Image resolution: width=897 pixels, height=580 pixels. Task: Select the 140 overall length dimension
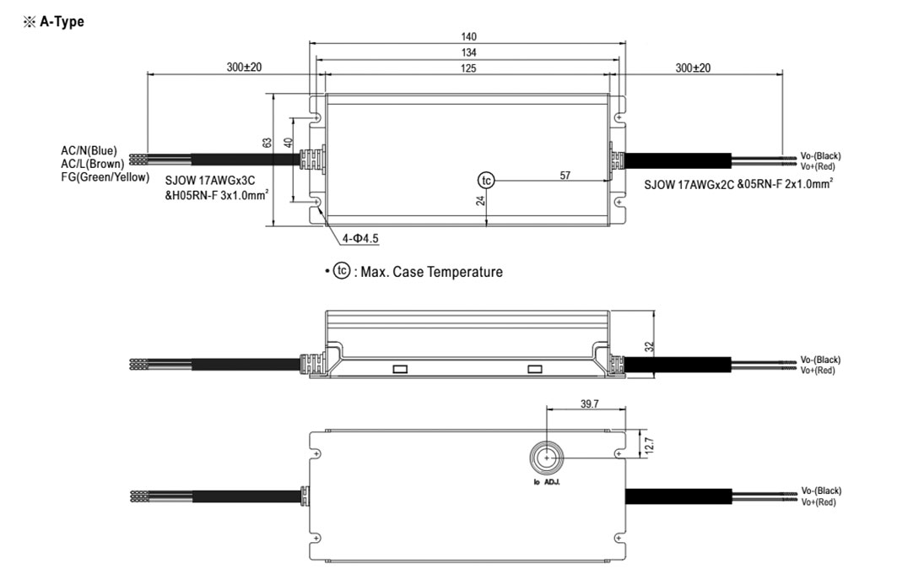[x=468, y=36]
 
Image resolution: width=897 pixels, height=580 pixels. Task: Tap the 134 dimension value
[x=468, y=52]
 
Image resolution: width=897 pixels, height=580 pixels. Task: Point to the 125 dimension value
[x=468, y=68]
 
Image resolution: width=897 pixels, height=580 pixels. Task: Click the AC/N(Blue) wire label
[x=89, y=150]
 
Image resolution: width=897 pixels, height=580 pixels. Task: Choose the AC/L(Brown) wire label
[x=92, y=164]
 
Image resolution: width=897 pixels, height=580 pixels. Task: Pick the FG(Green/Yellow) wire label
[x=105, y=177]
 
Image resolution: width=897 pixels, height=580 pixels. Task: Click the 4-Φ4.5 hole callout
[x=360, y=238]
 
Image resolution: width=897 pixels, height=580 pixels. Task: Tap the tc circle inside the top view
[x=486, y=181]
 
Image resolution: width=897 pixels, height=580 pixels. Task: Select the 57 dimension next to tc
[x=565, y=176]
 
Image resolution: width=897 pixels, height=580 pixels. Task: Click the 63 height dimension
[x=267, y=143]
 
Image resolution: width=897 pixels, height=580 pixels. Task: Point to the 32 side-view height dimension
[x=649, y=346]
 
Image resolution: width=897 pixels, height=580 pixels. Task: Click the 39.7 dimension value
[x=589, y=404]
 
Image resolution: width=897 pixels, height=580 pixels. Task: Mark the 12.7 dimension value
[x=649, y=446]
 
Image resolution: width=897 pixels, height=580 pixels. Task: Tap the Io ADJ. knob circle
[x=547, y=458]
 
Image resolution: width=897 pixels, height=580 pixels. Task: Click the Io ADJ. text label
[x=547, y=482]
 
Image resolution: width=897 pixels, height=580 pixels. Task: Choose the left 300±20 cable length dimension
[x=244, y=67]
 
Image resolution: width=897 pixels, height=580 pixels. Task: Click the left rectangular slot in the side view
[x=400, y=369]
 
